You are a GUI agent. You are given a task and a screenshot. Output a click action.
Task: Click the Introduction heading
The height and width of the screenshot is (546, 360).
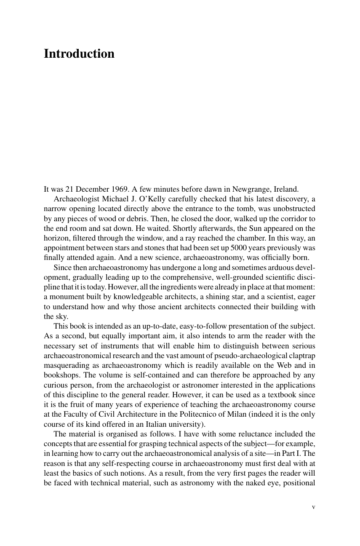coord(79,54)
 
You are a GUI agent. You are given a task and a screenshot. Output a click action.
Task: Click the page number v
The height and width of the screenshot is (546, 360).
coord(313,507)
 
